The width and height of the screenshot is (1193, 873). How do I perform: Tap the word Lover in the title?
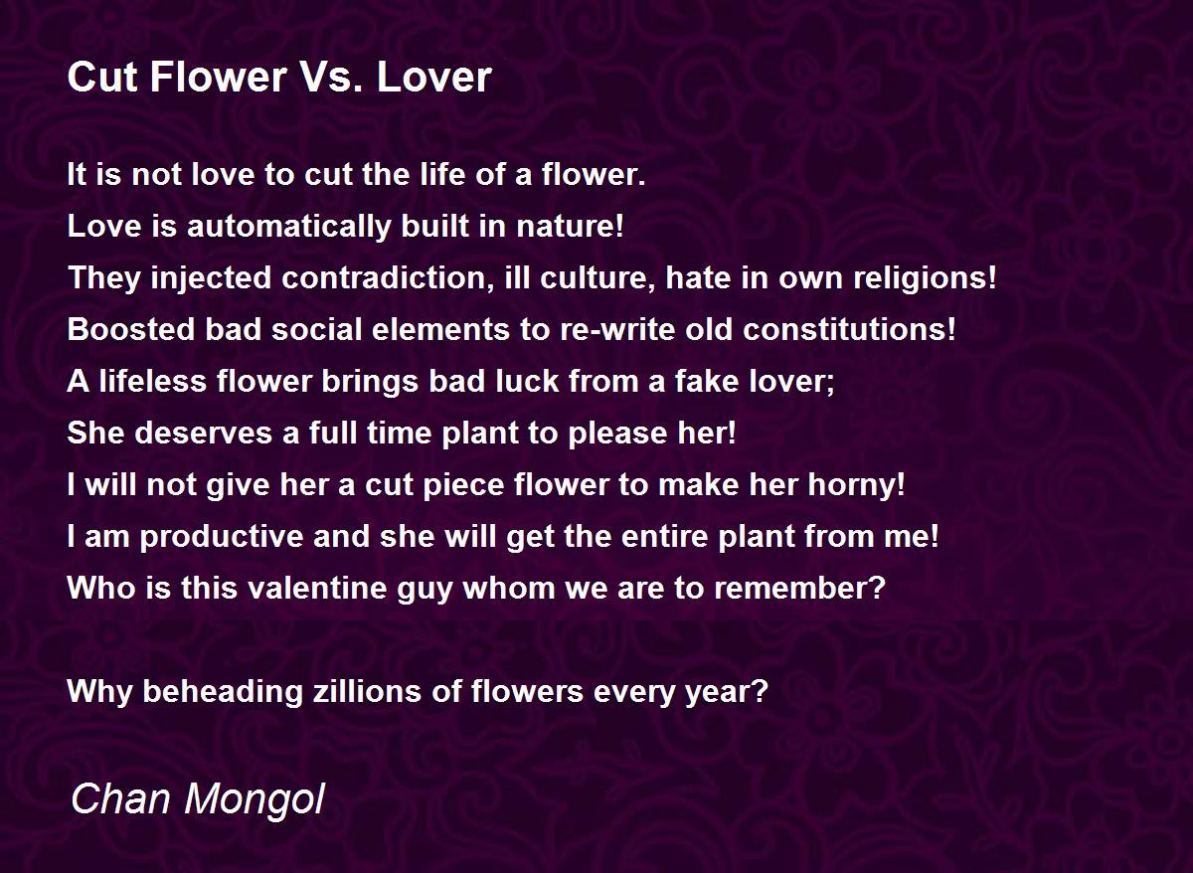433,78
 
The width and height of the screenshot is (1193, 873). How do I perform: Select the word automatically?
289,228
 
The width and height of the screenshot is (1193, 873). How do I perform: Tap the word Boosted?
131,329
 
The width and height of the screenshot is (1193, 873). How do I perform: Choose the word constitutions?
849,329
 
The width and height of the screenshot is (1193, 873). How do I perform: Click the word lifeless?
153,382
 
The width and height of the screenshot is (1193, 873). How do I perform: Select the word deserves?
204,434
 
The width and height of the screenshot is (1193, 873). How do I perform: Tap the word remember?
799,588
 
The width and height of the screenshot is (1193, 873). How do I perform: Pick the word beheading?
223,692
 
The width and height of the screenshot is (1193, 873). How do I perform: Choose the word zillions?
367,691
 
